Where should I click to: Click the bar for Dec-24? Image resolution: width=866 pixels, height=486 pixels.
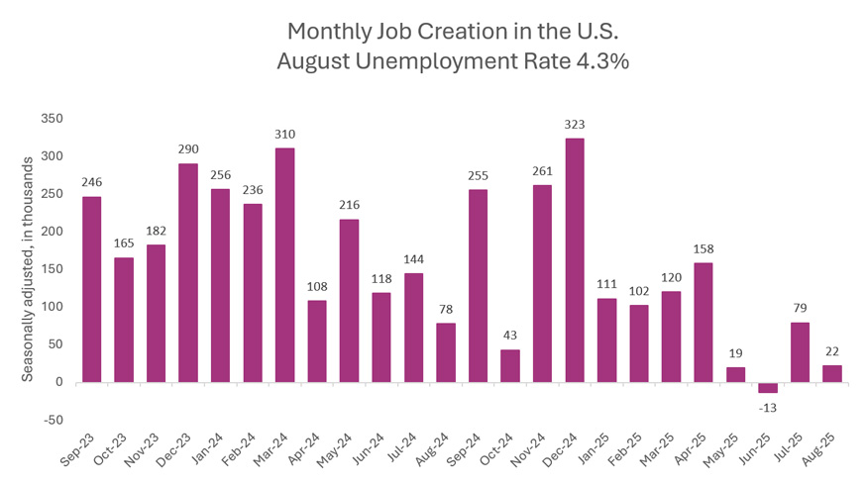[x=575, y=259]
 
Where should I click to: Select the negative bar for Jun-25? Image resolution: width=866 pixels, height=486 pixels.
[x=768, y=387]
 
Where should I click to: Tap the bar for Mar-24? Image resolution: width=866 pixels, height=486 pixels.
[x=284, y=264]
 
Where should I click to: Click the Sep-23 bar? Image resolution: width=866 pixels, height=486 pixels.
[x=91, y=289]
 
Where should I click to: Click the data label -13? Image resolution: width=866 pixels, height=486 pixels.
[x=768, y=406]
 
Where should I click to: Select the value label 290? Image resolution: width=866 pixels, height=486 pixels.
[x=188, y=147]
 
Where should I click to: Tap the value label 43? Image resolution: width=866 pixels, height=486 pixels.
[x=510, y=334]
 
